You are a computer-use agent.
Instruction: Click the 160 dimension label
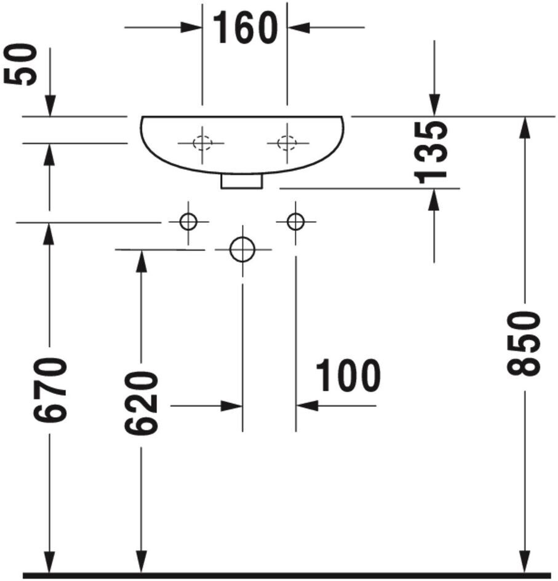pos(245,28)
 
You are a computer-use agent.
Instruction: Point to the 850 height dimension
pos(524,343)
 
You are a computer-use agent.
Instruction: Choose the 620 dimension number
pos(141,403)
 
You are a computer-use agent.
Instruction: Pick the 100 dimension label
pos(348,377)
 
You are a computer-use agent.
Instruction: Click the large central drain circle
pos(242,249)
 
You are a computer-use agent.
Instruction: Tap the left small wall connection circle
pos(188,221)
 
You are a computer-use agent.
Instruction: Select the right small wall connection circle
pos(296,221)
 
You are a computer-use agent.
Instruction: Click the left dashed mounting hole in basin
pos(201,143)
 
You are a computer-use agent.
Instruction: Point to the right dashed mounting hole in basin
pos(286,143)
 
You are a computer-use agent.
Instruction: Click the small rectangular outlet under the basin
pos(242,181)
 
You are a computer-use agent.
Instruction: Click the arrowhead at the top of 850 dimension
pos(524,126)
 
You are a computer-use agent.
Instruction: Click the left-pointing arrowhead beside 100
pos(306,406)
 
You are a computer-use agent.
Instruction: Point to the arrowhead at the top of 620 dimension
pos(141,260)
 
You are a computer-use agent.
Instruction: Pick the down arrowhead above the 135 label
pos(434,106)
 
